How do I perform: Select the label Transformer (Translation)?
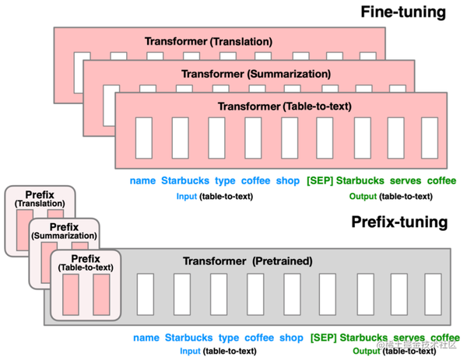(x=209, y=40)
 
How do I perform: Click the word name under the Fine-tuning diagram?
(x=142, y=181)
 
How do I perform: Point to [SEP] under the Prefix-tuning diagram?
(x=323, y=338)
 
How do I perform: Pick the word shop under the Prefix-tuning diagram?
(x=291, y=338)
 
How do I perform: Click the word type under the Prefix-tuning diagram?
(x=228, y=338)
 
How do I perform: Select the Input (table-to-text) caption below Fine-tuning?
(x=212, y=197)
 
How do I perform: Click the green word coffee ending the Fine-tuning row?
(x=441, y=181)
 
